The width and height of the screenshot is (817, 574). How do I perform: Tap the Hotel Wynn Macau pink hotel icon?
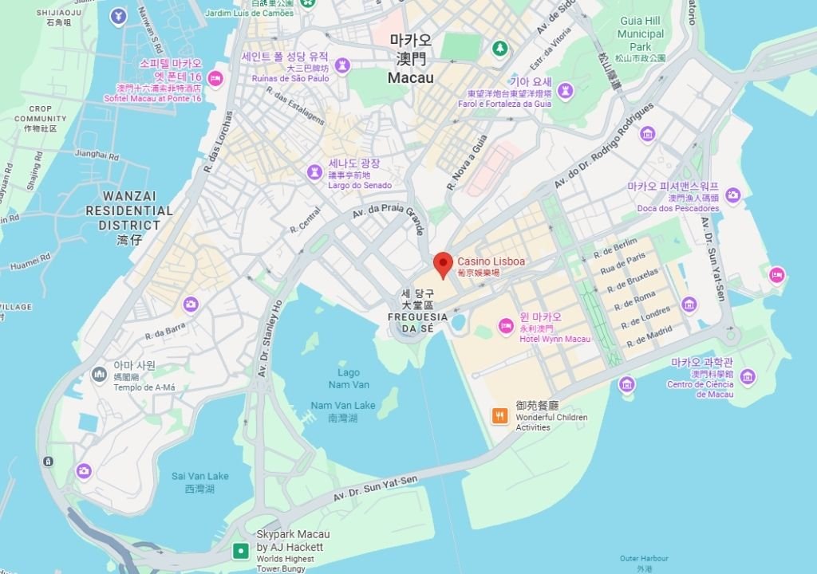click(x=506, y=325)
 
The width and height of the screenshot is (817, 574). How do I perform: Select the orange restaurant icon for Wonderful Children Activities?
click(x=500, y=415)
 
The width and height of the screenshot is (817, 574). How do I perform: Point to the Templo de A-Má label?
click(x=144, y=387)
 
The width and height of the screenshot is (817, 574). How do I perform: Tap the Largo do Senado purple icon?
click(x=316, y=172)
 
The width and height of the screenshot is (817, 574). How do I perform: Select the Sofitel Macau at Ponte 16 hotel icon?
click(x=215, y=78)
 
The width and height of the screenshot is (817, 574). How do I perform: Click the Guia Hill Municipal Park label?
click(x=641, y=34)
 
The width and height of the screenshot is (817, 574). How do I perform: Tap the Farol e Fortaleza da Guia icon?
click(x=566, y=91)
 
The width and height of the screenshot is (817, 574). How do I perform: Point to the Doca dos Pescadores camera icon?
click(x=732, y=195)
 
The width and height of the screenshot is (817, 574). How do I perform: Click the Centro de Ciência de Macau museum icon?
click(x=747, y=376)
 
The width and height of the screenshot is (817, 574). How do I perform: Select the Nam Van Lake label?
click(x=343, y=406)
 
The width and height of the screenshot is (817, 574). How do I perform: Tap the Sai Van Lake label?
click(x=199, y=476)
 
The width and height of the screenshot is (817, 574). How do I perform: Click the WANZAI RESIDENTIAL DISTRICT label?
click(x=129, y=210)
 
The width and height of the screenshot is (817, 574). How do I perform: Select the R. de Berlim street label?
click(x=615, y=246)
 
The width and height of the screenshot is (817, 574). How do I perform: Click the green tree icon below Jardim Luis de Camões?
click(x=500, y=49)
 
